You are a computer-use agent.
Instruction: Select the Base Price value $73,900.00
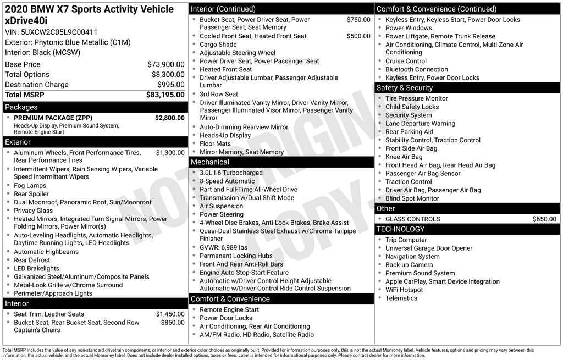pos(165,64)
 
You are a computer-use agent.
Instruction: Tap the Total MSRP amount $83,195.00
pos(165,95)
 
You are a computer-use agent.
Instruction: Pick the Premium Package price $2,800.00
pos(169,118)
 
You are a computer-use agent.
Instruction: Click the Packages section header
pos(21,107)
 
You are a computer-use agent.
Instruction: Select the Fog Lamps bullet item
pos(30,186)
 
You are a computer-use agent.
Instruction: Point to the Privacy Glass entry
pos(34,211)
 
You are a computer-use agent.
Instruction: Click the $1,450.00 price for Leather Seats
pos(170,314)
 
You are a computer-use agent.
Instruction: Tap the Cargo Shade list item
pos(218,45)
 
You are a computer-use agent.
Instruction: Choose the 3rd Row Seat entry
pos(219,95)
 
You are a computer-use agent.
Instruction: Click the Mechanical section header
pos(209,162)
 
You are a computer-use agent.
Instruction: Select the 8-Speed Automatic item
pos(227,181)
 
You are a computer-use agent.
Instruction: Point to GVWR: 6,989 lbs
pos(223,247)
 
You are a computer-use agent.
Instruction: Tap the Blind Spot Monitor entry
pos(412,198)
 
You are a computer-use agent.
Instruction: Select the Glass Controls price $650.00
pos(544,219)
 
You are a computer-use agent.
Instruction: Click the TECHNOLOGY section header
pos(400,229)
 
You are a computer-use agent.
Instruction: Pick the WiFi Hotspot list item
pos(404,290)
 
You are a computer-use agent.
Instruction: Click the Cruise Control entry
pos(406,61)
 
